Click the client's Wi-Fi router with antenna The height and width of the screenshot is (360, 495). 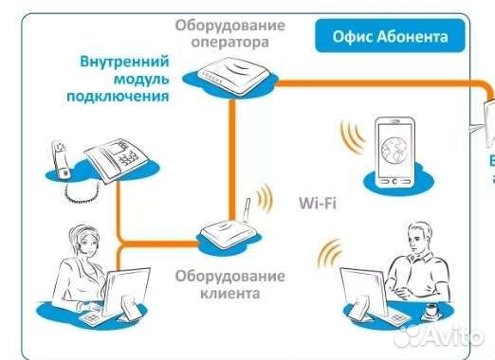[229, 238]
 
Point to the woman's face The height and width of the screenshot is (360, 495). [74, 249]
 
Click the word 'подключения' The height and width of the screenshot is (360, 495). [119, 96]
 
